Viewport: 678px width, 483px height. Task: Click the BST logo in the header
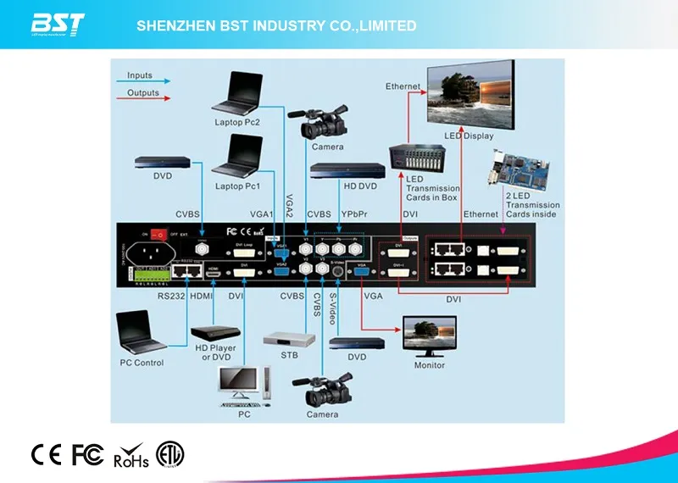58,25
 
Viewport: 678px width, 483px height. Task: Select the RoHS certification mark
131,456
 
